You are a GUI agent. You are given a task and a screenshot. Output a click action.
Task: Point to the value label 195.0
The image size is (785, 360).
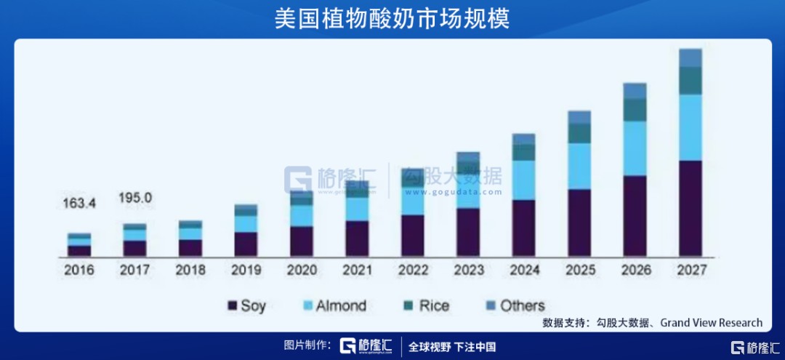click(x=136, y=199)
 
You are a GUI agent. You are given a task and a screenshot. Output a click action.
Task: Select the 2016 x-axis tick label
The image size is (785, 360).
click(x=79, y=270)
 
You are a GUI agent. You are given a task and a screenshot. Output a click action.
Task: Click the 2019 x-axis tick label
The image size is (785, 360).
click(x=246, y=270)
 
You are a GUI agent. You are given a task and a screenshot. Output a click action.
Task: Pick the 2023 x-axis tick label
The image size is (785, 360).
click(x=469, y=270)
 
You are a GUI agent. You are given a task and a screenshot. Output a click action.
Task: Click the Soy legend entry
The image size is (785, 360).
click(x=246, y=305)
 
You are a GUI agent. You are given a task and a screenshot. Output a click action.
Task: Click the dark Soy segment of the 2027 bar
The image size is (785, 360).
click(x=691, y=209)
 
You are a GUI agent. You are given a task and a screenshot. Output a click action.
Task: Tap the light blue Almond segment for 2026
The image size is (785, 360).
click(x=635, y=148)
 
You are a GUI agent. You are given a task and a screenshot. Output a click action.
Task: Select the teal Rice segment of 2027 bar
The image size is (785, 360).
click(x=691, y=81)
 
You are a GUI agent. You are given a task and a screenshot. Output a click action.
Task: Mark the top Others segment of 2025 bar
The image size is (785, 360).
click(x=579, y=117)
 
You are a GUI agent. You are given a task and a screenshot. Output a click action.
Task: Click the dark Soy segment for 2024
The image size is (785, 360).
click(x=523, y=228)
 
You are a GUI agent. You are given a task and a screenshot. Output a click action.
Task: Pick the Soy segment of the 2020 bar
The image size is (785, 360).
click(x=302, y=241)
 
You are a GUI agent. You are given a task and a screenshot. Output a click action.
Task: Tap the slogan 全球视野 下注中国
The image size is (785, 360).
click(x=452, y=346)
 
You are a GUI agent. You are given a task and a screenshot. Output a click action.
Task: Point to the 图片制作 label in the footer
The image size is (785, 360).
click(x=307, y=345)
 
